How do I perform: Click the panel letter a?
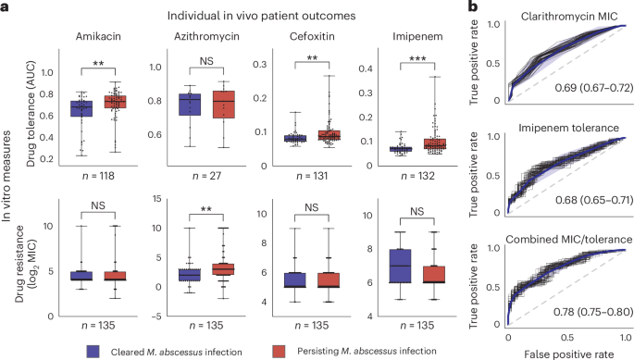(6, 7)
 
